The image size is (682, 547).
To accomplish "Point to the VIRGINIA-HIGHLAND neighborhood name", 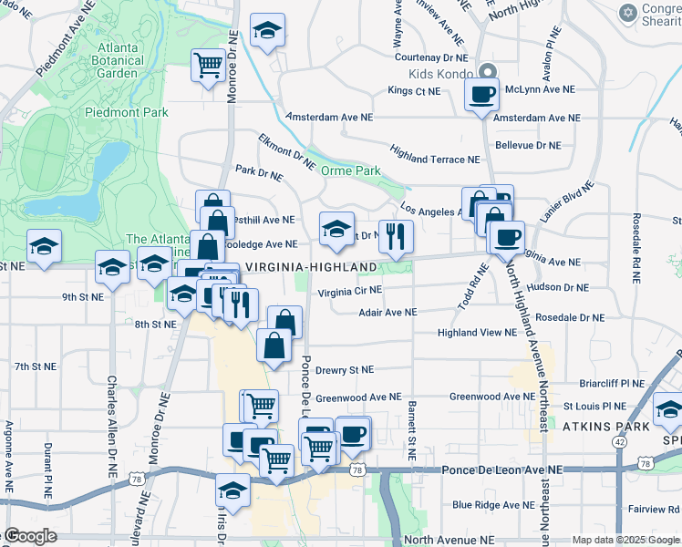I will (309, 266).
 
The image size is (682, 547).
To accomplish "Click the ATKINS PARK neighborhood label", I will (604, 426).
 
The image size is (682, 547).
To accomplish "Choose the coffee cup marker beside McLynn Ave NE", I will (481, 93).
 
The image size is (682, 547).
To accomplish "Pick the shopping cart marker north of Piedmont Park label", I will (209, 65).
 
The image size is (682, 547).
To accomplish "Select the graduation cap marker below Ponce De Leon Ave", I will (232, 489).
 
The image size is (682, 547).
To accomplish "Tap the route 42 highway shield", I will (620, 441).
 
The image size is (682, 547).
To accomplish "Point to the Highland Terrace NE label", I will (434, 159).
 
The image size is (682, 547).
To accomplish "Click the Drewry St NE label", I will (345, 370).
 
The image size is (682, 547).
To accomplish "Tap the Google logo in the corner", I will (31, 537).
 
